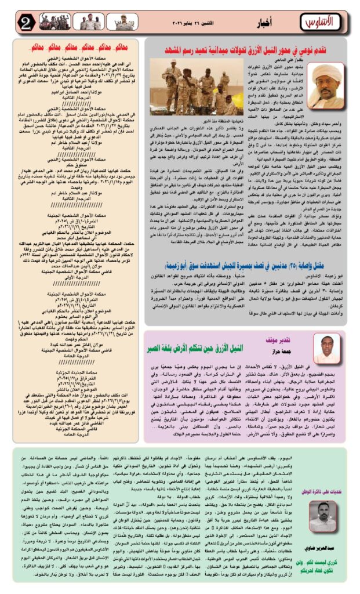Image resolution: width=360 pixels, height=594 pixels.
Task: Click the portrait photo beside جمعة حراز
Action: point(327,348)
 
